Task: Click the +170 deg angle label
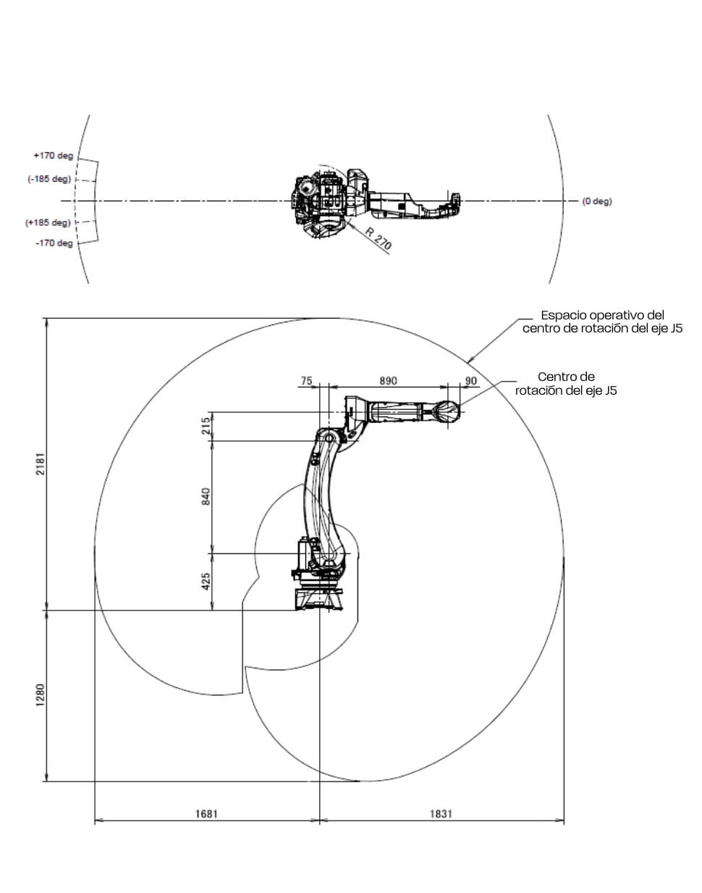54,156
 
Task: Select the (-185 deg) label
49,179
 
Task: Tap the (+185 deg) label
48,222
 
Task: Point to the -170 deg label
54,243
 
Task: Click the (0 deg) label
596,201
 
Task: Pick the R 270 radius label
379,239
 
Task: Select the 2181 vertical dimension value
41,464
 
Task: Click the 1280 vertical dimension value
41,696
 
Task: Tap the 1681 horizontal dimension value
206,813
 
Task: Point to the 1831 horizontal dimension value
441,813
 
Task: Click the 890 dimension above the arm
389,381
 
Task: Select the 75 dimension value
306,381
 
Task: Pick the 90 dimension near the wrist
471,381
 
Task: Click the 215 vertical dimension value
206,426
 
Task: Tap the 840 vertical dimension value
206,497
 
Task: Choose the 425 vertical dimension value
206,581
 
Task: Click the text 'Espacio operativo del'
602,316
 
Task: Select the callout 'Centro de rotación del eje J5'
566,384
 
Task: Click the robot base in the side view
318,598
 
